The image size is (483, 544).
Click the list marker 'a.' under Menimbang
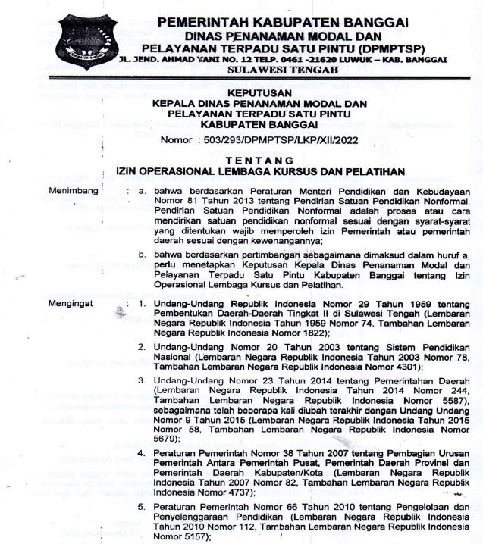click(x=141, y=192)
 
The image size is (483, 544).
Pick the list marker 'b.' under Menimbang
click(x=141, y=255)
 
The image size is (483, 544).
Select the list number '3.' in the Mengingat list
click(x=142, y=378)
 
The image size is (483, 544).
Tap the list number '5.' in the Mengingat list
click(x=142, y=505)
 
